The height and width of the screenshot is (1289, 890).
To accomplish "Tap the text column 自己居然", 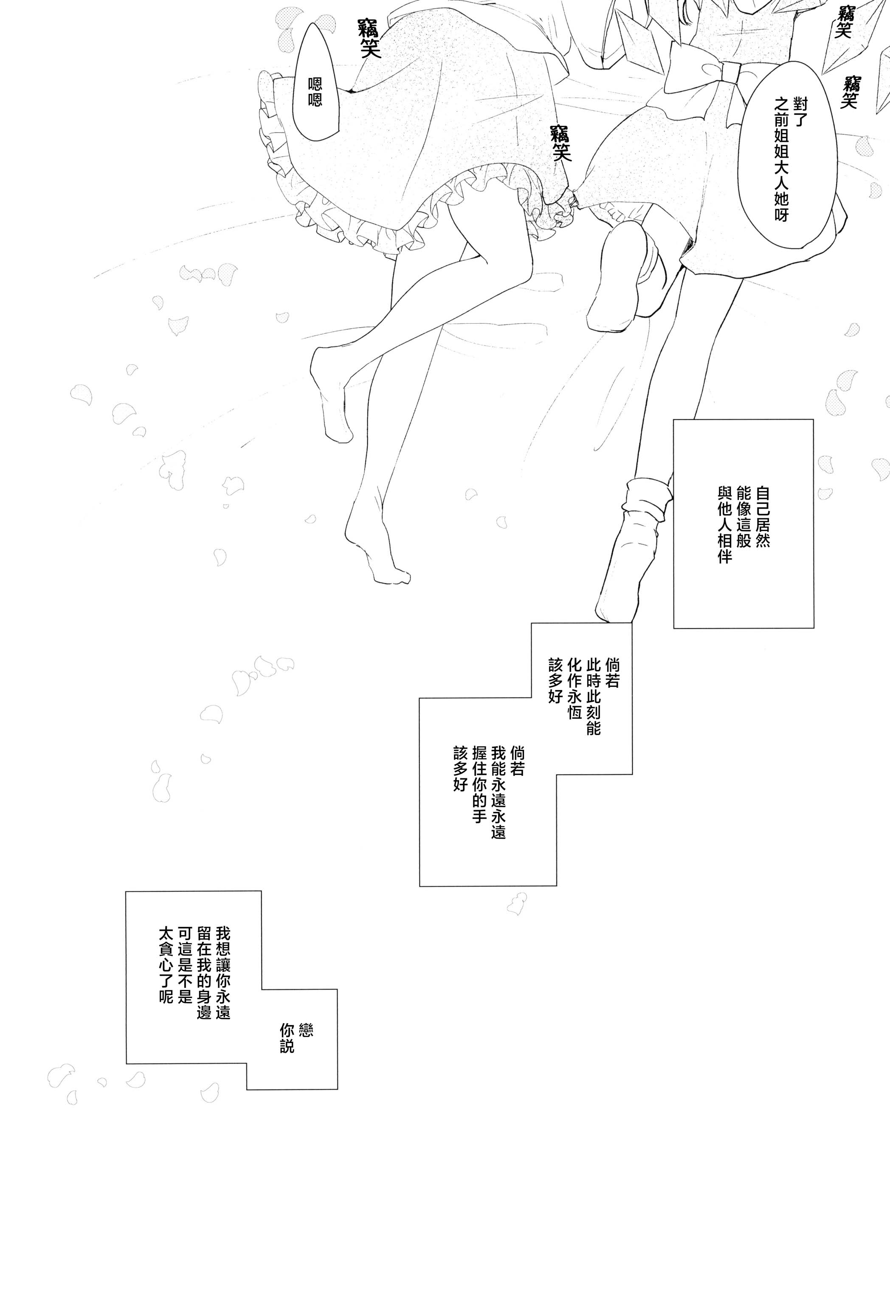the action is point(762,516).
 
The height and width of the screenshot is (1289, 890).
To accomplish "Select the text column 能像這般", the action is point(744,516).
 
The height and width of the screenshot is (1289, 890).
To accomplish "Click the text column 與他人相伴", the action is point(724,525).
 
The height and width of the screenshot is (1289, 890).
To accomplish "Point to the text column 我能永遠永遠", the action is point(499,792).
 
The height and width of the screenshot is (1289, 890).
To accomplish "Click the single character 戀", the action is point(306,1029).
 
